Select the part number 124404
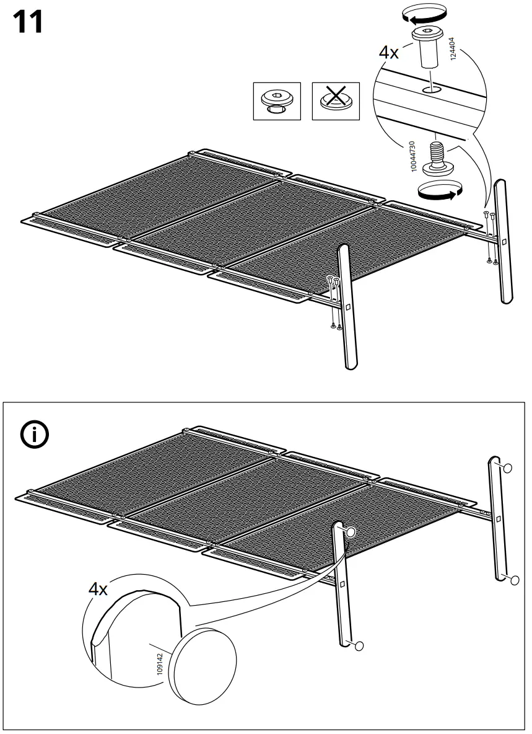(453, 48)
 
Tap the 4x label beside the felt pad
(97, 588)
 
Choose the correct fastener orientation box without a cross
(277, 101)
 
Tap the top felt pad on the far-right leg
(507, 469)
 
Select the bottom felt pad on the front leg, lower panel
(357, 647)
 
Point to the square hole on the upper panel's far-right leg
(504, 241)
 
